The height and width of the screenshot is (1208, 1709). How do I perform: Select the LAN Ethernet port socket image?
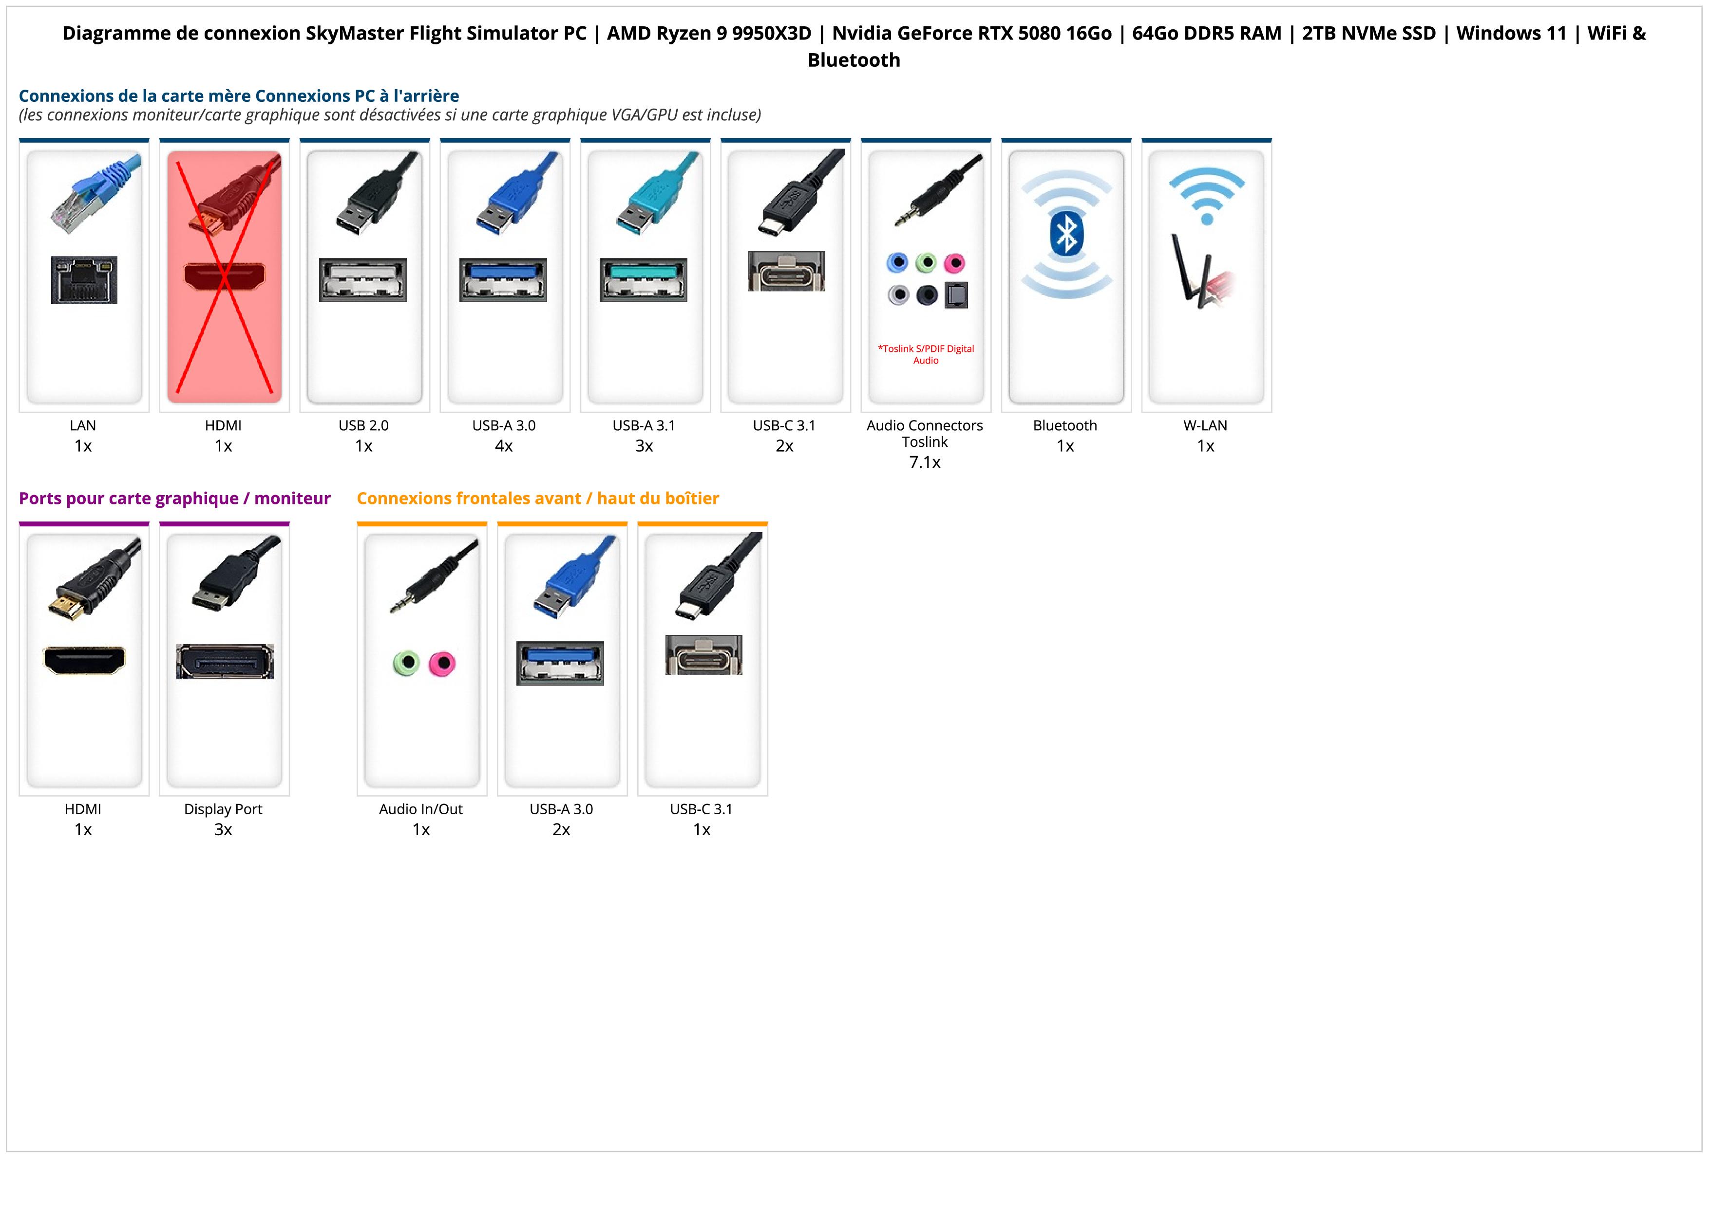point(84,280)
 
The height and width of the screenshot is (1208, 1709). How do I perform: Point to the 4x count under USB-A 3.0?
point(504,446)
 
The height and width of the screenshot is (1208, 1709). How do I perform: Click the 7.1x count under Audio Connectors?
point(925,462)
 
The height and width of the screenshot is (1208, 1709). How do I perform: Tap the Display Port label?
point(223,809)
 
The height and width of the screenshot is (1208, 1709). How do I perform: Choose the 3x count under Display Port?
point(223,830)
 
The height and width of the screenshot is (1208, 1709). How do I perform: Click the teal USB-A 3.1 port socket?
point(644,280)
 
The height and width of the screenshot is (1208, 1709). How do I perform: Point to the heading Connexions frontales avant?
point(537,499)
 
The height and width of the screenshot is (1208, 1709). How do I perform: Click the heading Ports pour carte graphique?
point(174,499)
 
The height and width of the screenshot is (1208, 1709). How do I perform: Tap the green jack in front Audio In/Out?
point(406,662)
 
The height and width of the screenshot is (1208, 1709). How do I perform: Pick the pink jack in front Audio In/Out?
point(442,662)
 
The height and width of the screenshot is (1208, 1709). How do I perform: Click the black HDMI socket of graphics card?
point(84,659)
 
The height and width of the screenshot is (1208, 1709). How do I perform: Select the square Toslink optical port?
point(956,295)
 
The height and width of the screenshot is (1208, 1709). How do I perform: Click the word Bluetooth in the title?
point(854,60)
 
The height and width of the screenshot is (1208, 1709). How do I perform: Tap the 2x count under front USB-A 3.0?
point(561,830)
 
